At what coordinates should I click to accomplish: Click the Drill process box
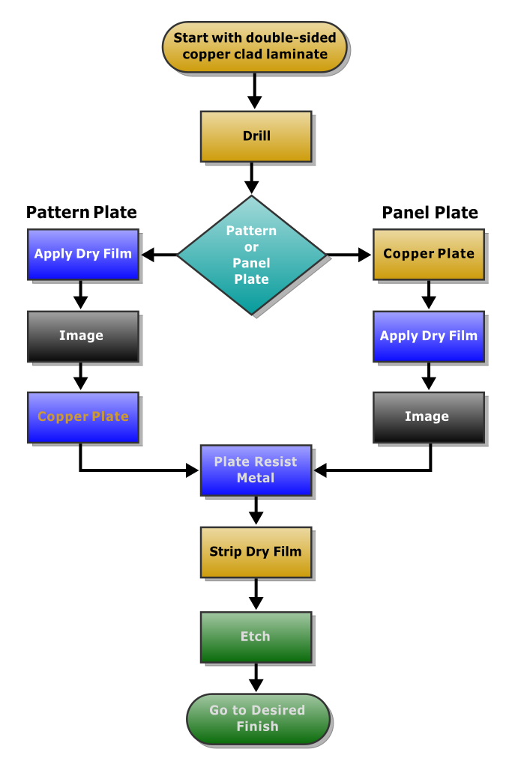point(256,136)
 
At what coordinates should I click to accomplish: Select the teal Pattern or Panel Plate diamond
point(252,255)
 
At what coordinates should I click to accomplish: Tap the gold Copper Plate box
point(429,254)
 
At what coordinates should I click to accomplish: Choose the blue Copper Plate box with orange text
point(83,417)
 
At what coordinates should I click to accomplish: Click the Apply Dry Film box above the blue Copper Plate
point(83,254)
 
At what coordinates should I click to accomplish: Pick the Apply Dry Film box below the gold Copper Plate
point(429,336)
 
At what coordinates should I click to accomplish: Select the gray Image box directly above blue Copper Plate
point(83,336)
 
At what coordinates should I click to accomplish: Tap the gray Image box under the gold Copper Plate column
point(429,416)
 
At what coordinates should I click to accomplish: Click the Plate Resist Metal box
point(256,470)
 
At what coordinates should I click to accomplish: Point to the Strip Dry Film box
point(256,552)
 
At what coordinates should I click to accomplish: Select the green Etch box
point(256,637)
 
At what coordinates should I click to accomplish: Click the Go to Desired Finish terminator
point(258,718)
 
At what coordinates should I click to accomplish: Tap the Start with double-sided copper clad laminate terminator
point(256,46)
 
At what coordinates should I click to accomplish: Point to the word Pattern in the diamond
point(252,231)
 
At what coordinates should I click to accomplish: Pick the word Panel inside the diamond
point(252,263)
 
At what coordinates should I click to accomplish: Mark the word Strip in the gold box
point(225,552)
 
